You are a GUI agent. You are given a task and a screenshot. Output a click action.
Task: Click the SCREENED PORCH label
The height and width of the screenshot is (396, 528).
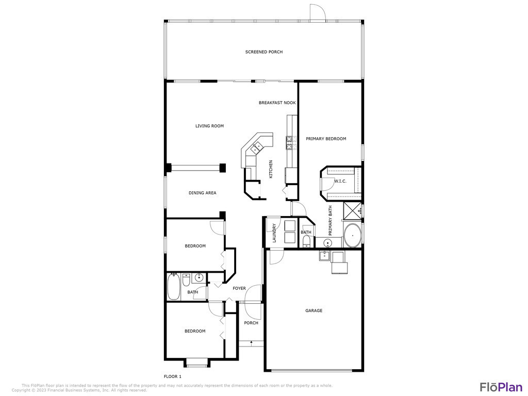pos(263,52)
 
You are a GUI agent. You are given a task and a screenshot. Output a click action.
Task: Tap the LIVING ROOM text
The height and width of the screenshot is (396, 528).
pos(209,126)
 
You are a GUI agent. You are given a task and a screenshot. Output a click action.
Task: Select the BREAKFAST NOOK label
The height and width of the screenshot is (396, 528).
pos(277,103)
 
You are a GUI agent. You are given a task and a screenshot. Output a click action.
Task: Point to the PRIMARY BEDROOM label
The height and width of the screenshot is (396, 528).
pos(326,139)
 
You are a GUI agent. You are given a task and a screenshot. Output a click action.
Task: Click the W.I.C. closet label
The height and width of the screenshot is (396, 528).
pos(340,181)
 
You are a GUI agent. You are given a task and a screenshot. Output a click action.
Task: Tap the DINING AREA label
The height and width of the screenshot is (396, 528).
pos(202,193)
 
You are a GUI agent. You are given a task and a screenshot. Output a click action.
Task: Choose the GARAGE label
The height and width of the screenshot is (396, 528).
pos(313,310)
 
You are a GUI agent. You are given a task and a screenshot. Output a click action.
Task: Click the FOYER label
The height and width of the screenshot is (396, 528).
pos(239,288)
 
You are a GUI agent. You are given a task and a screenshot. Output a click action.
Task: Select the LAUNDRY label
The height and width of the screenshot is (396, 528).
pos(274,233)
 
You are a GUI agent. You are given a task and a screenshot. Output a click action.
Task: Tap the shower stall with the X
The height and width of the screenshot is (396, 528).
pos(352,211)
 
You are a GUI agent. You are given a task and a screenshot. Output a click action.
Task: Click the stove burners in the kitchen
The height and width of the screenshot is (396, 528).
pos(290,142)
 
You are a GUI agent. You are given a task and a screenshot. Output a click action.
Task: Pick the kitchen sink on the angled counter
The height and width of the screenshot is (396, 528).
pos(256,147)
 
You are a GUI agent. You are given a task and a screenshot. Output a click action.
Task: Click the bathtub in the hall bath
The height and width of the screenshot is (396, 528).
pos(174,287)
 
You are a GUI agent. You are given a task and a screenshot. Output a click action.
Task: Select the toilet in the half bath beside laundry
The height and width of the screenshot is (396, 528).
pos(306,241)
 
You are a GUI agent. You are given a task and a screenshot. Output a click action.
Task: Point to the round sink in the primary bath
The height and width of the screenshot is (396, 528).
pos(328,243)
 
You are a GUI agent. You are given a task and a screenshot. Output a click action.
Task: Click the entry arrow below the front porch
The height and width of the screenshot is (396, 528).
pos(251,343)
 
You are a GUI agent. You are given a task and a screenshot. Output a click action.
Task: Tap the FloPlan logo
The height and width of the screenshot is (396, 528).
pos(501,387)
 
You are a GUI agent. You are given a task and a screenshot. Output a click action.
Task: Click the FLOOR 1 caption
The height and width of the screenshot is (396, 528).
pos(172,376)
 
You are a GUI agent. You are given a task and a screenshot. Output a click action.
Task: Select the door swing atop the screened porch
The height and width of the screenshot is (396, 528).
pos(318,13)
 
